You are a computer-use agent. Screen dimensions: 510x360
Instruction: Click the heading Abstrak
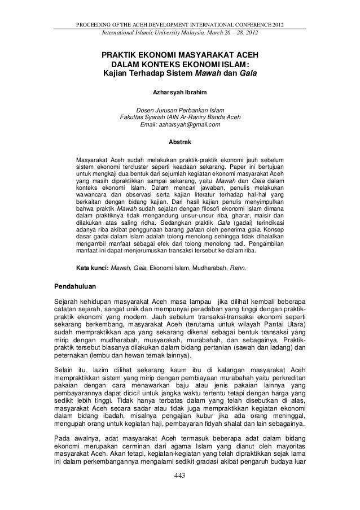pyautogui.click(x=180, y=141)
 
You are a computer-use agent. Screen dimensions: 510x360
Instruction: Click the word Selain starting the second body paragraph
pyautogui.click(x=65, y=369)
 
